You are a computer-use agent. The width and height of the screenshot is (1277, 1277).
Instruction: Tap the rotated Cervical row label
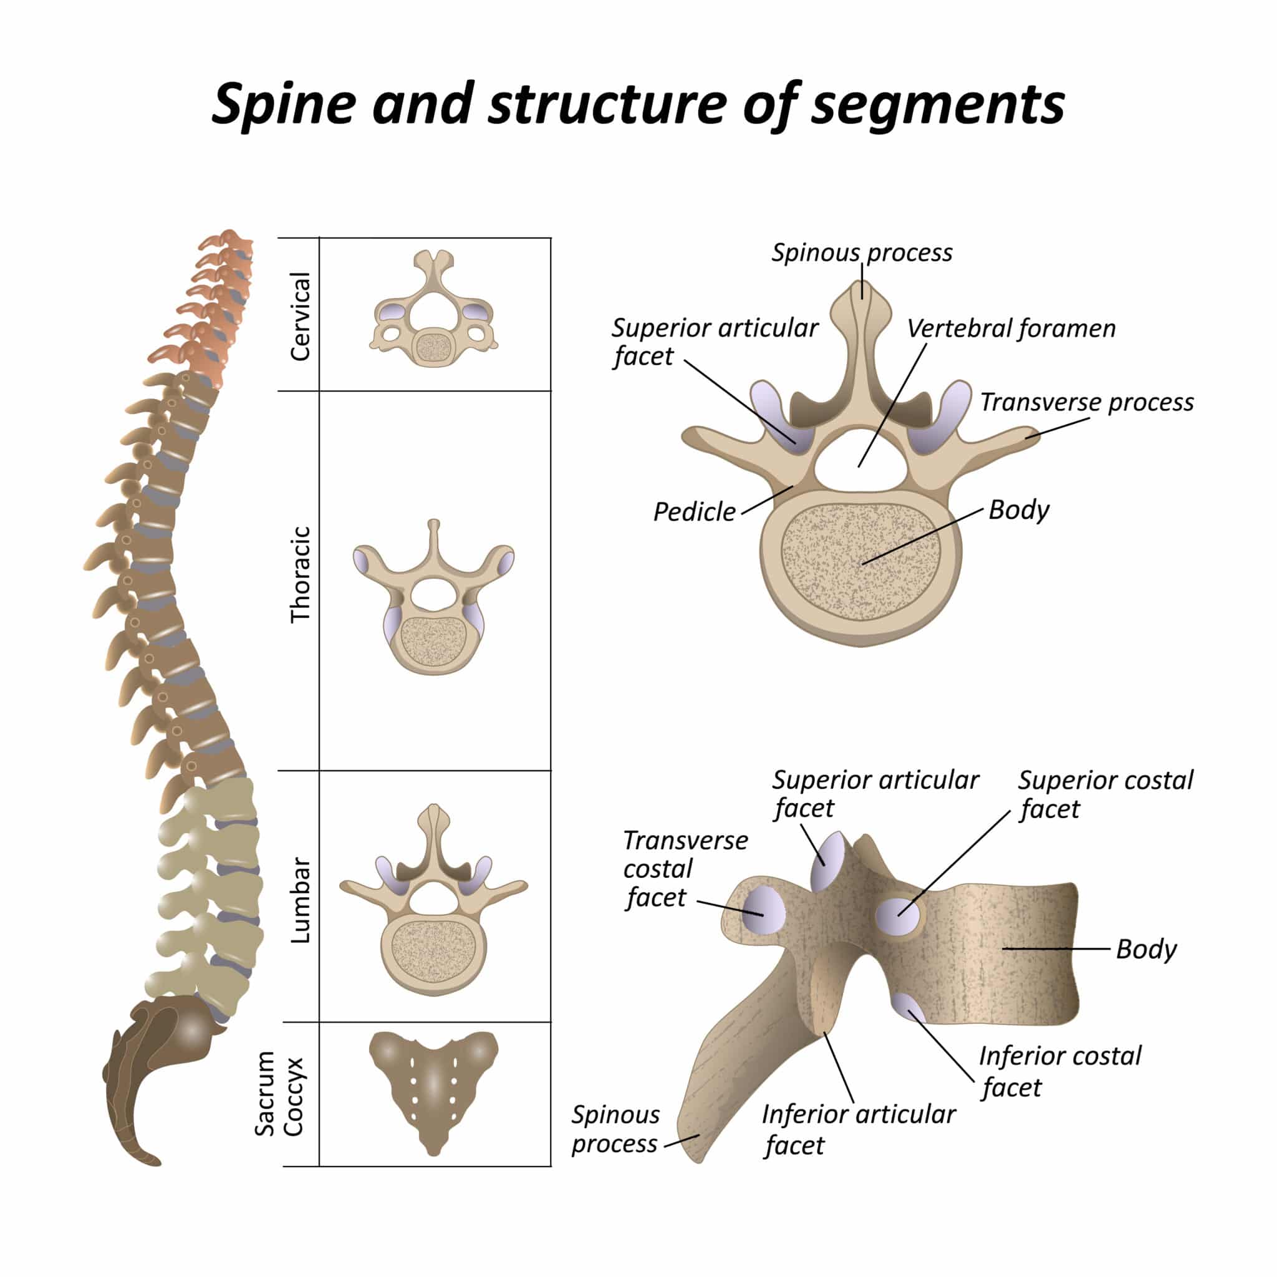[300, 316]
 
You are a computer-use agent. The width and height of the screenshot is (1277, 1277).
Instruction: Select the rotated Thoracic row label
[300, 574]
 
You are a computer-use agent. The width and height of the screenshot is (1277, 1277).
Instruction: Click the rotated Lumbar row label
[300, 900]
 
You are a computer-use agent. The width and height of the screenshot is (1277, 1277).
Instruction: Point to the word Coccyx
[293, 1097]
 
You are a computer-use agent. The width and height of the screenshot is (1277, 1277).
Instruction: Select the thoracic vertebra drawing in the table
[433, 598]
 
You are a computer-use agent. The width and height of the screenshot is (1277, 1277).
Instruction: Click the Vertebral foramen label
[1011, 329]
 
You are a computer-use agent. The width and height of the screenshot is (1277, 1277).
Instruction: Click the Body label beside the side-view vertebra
[1145, 949]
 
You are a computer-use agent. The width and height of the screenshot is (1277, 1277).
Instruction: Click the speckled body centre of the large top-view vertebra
[861, 561]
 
